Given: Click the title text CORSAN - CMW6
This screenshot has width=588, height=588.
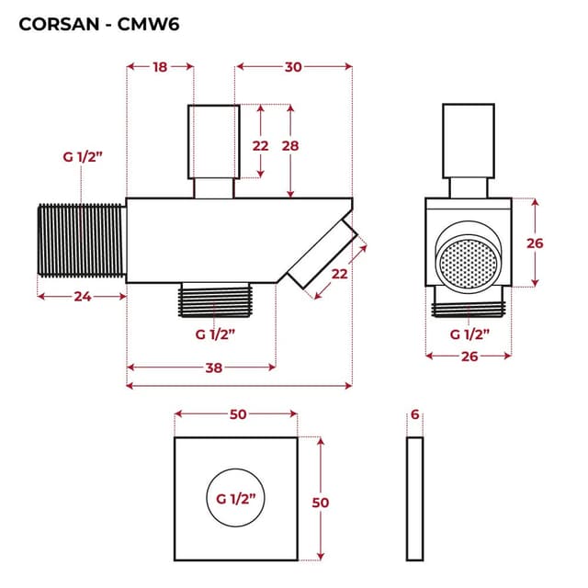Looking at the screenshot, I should tap(98, 24).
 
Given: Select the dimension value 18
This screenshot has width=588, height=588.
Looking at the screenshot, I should tap(159, 66).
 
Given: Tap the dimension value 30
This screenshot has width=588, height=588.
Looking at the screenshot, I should tap(294, 66).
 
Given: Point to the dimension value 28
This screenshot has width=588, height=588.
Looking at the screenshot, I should tap(290, 146).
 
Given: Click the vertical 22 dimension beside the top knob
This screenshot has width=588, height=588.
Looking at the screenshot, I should tap(261, 146).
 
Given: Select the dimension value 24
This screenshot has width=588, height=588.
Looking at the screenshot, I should tap(80, 296).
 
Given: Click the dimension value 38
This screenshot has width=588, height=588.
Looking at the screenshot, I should tap(213, 367).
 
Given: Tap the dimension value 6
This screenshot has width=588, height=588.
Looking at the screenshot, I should tap(415, 415).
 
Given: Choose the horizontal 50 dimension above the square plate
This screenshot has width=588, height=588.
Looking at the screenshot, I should tap(237, 415).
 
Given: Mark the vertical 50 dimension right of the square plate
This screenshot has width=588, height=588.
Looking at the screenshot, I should tap(321, 502).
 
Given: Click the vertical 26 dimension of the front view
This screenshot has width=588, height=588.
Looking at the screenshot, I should tap(536, 243).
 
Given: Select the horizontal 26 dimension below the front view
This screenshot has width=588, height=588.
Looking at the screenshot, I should tap(469, 354).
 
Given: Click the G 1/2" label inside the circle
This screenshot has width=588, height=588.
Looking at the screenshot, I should tap(235, 499).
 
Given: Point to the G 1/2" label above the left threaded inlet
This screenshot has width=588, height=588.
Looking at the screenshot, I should tap(83, 157).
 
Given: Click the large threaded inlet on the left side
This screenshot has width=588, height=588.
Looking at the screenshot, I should tap(81, 240).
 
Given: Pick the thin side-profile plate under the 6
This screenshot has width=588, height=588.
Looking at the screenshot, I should tap(415, 498).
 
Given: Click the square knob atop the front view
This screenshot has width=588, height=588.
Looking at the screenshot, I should tap(469, 140).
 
